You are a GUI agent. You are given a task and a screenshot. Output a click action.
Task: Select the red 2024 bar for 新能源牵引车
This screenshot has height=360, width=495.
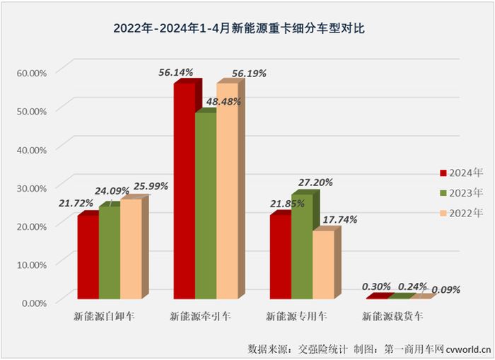tap(184, 191)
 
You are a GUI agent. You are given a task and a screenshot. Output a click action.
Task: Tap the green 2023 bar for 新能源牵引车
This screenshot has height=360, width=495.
tap(205, 205)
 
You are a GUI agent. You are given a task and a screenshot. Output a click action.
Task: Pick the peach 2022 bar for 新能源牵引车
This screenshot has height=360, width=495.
tap(226, 191)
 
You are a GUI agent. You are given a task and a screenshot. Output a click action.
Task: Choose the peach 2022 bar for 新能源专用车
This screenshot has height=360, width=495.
tap(322, 263)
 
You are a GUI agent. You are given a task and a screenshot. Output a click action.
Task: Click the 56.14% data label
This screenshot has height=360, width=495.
tap(175, 71)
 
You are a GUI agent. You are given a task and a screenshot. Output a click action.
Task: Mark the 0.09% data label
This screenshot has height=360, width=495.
tap(445, 289)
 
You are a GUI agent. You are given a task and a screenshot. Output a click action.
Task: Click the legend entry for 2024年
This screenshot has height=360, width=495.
tap(461, 173)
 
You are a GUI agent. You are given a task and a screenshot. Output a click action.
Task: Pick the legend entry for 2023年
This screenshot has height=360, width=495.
tap(461, 192)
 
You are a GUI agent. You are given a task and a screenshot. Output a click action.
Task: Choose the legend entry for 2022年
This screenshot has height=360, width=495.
tap(461, 212)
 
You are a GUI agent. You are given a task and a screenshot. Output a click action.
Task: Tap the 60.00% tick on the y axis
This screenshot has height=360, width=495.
tap(32, 72)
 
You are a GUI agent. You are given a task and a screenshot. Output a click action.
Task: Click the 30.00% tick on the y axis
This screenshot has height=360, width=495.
tap(32, 187)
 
